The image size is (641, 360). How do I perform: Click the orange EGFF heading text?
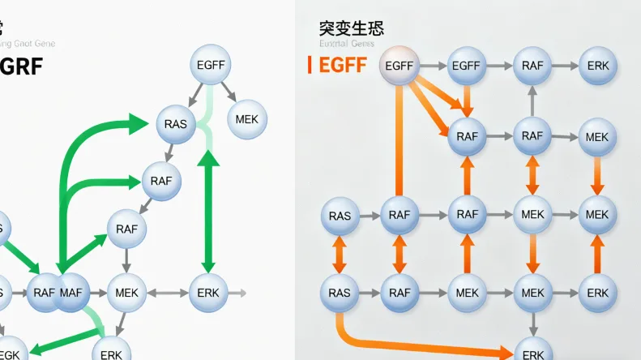(343, 66)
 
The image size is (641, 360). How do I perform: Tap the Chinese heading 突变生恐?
(351, 28)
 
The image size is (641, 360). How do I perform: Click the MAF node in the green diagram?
(71, 292)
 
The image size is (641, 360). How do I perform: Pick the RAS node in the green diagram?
(175, 124)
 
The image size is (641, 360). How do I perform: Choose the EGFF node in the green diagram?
(211, 64)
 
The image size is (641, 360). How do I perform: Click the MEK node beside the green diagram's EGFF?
(246, 119)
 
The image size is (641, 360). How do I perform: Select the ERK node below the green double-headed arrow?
(208, 292)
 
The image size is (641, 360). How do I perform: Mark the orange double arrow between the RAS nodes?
(340, 254)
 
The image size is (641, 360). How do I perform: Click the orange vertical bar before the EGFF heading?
(310, 65)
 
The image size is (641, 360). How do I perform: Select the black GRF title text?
(22, 66)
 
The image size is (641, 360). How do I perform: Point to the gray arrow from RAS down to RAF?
(169, 152)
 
